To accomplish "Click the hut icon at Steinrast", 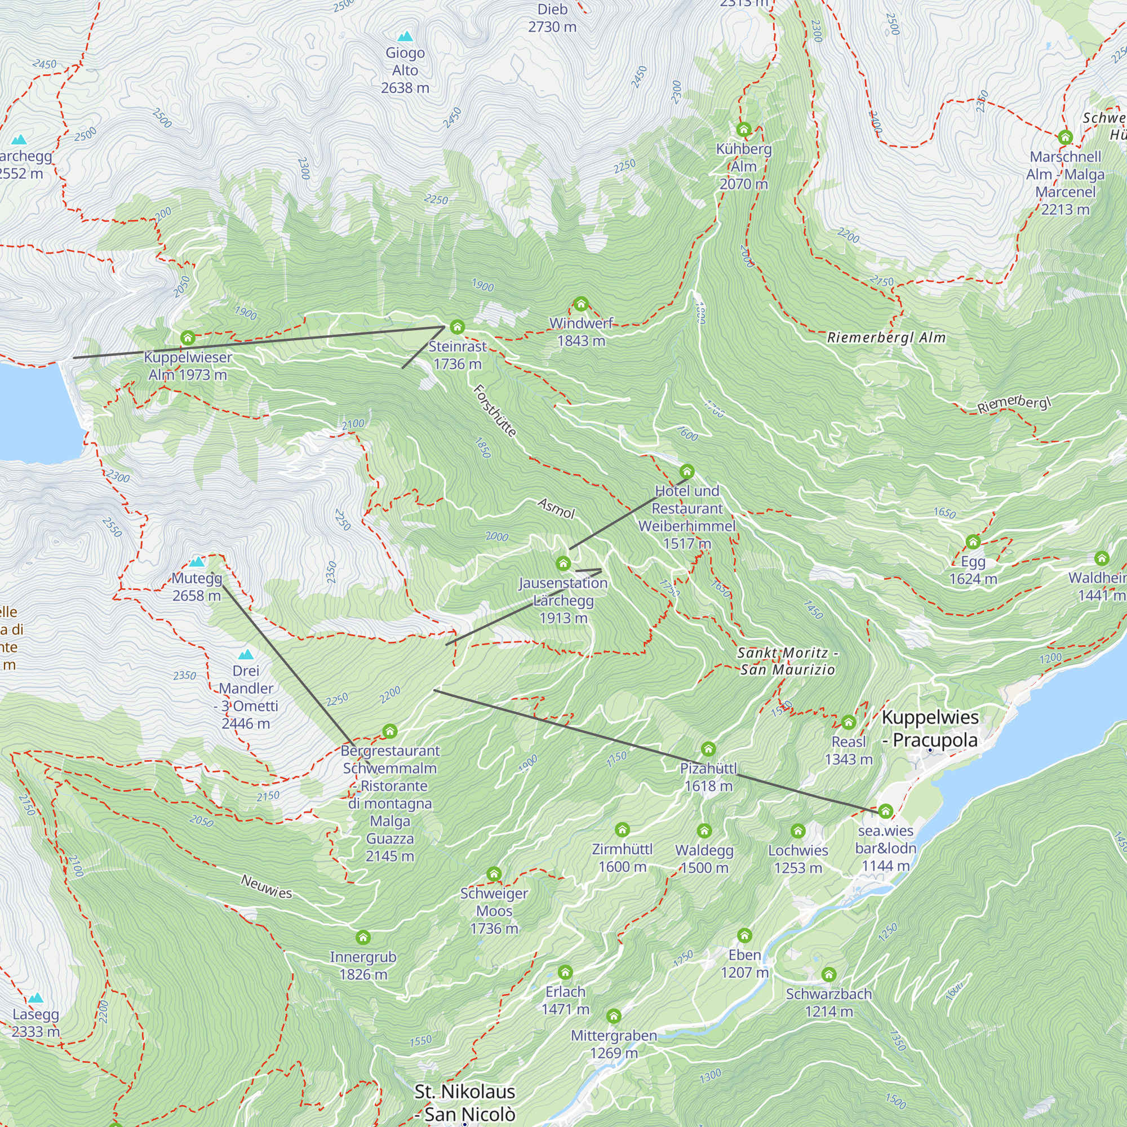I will coord(458,327).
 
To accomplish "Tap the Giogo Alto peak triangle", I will coord(405,37).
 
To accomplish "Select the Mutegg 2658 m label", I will coord(197,587).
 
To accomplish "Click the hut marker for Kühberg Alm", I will coord(743,129).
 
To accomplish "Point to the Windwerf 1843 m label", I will coord(581,332).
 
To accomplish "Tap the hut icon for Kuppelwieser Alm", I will coord(187,338).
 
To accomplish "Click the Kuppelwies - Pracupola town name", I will coord(930,729).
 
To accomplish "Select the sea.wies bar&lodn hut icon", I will coord(885,811).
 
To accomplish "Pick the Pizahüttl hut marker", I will coord(708,748).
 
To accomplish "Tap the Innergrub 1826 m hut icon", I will coord(363,938).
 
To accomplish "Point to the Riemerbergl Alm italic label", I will coord(886,338).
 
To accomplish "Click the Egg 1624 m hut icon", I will coord(973,542).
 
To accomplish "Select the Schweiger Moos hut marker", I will coord(494,874).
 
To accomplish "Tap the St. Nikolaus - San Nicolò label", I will coord(465,1103).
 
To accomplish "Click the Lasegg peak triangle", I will coord(36,998).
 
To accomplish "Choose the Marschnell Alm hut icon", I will coord(1065,137).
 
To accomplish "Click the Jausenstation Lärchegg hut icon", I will coord(563,563).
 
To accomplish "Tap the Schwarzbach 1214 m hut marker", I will coord(829,974).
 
